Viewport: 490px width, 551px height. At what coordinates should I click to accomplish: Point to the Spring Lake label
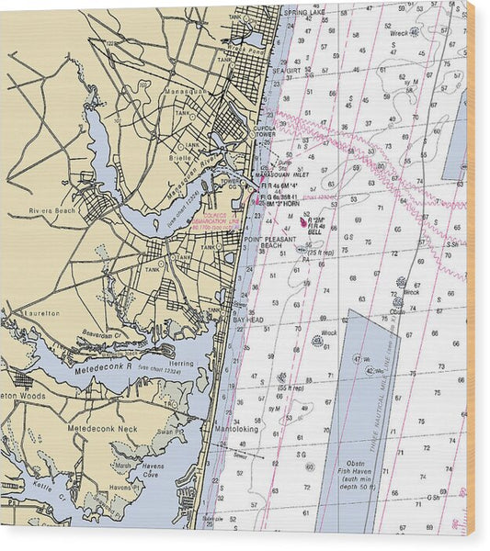(x=305, y=12)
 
